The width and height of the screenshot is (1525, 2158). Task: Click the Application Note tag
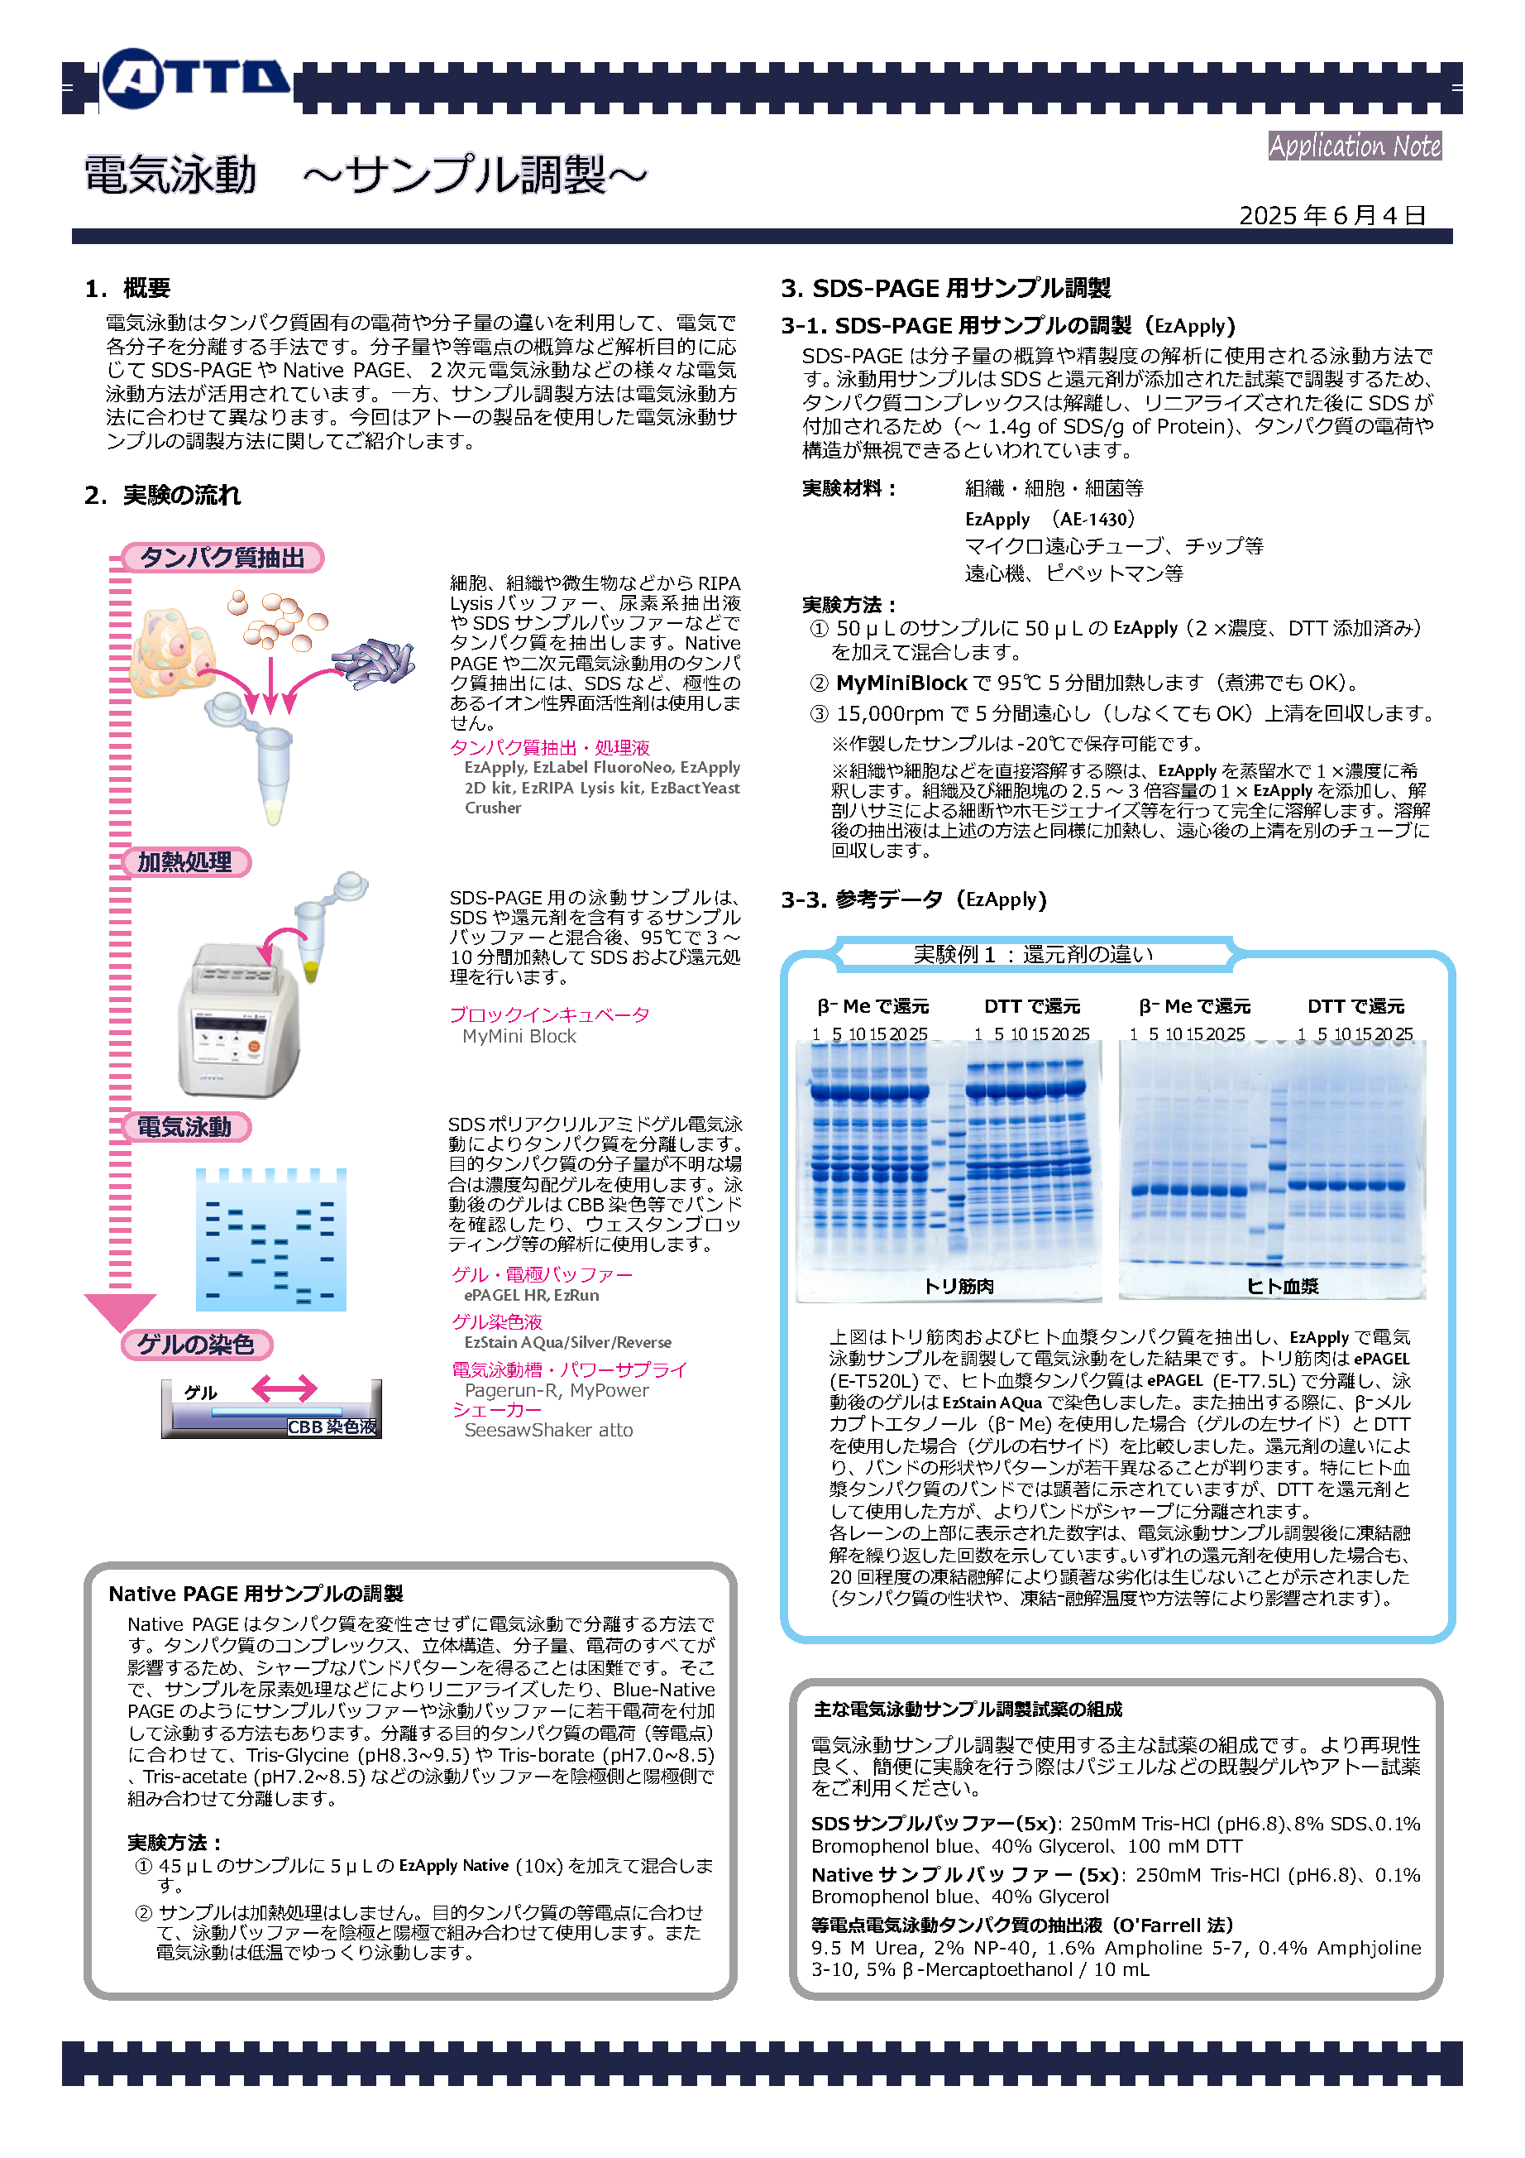pos(1354,146)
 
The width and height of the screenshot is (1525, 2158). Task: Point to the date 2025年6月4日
pos(1331,215)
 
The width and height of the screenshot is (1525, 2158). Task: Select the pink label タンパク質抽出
pos(222,558)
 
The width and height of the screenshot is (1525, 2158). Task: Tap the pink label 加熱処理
pos(185,862)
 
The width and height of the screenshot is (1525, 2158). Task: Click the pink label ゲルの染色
pos(195,1344)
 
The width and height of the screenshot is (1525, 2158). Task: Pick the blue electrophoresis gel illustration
pos(270,1240)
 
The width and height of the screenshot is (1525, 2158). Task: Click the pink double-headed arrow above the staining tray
pos(284,1388)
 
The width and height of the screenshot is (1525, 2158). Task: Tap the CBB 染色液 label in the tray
pos(332,1427)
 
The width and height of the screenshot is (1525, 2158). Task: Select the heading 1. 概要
pos(128,289)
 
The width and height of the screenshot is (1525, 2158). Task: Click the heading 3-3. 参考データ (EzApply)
pos(913,899)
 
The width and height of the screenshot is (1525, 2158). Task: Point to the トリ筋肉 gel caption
pos(959,1286)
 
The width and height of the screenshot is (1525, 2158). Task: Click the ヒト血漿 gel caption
pos(1282,1287)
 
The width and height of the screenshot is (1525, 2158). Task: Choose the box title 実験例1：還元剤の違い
pos(1033,954)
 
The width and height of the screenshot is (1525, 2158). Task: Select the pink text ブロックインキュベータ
pos(549,1014)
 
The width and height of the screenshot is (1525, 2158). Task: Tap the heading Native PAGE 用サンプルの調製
pos(256,1593)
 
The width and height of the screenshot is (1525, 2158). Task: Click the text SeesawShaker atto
pos(547,1430)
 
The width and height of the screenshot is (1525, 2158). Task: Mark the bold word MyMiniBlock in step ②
pos(901,683)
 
